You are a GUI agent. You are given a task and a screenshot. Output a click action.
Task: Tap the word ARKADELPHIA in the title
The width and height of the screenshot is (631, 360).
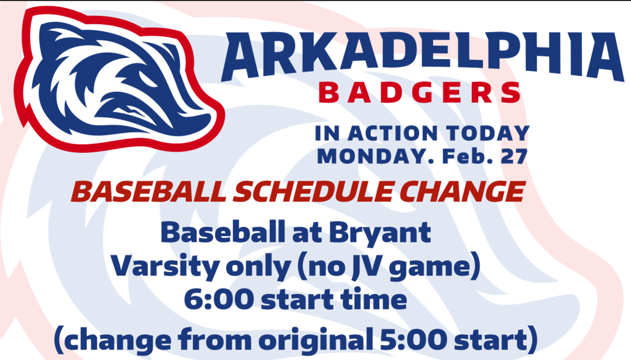tap(422, 56)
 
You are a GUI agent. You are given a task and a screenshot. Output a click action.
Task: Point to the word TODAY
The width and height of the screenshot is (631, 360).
tap(488, 133)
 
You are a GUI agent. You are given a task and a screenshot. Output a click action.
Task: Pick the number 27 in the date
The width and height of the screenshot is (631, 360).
tap(514, 156)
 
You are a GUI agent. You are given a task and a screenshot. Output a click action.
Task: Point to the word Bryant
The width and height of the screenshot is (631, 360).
tap(380, 234)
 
